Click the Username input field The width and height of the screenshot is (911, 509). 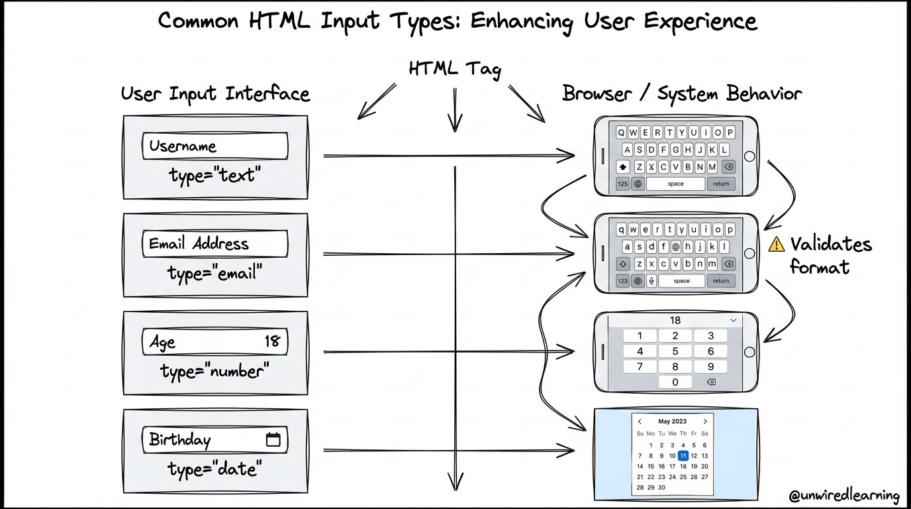pyautogui.click(x=215, y=146)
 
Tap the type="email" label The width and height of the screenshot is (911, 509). pyautogui.click(x=215, y=273)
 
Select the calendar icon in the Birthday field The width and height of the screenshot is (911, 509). pyautogui.click(x=273, y=439)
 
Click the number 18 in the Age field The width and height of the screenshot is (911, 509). pyautogui.click(x=272, y=341)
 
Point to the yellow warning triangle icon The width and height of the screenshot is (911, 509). pyautogui.click(x=776, y=245)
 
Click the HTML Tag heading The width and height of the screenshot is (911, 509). pyautogui.click(x=454, y=69)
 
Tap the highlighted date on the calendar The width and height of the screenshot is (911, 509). pyautogui.click(x=683, y=455)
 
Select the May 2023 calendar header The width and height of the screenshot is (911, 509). pyautogui.click(x=672, y=422)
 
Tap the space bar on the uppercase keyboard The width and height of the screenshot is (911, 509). pyautogui.click(x=675, y=184)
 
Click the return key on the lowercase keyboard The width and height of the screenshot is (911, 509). pyautogui.click(x=720, y=281)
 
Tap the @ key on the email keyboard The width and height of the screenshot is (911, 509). pyautogui.click(x=675, y=247)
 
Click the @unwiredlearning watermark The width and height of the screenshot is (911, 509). pyautogui.click(x=844, y=495)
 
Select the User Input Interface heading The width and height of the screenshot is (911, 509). pyautogui.click(x=215, y=93)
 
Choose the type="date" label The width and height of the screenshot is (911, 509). pyautogui.click(x=215, y=469)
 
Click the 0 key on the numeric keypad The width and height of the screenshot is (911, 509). pyautogui.click(x=675, y=382)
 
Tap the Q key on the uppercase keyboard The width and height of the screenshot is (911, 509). pyautogui.click(x=622, y=132)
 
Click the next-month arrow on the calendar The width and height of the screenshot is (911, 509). pyautogui.click(x=705, y=422)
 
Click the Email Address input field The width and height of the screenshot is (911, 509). pyautogui.click(x=215, y=244)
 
